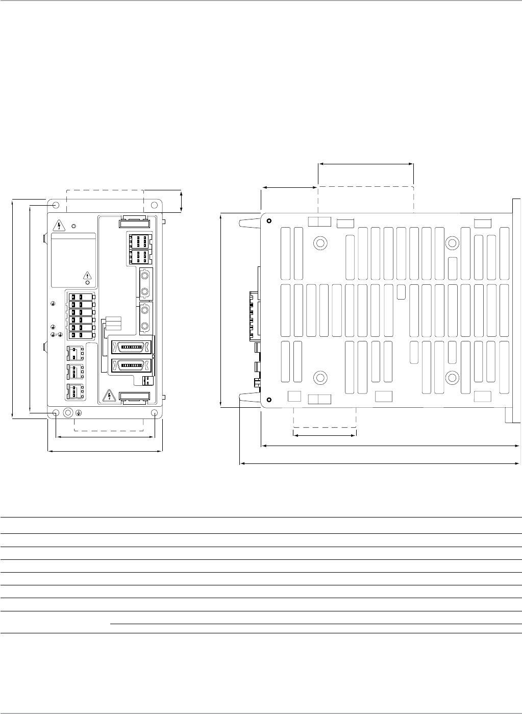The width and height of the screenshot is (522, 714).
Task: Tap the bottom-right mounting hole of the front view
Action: point(154,413)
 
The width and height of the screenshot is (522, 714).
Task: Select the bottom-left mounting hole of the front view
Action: point(56,413)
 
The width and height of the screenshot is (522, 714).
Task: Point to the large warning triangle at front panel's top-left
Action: point(60,225)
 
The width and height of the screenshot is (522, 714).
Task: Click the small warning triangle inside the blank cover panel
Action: point(87,276)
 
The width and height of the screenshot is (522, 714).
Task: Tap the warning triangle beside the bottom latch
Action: point(108,396)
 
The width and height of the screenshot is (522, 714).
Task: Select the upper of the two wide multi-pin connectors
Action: point(131,347)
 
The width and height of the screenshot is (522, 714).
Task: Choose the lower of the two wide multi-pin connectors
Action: point(131,365)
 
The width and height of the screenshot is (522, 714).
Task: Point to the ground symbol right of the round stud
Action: point(79,413)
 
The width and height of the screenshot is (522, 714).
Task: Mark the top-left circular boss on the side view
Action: point(320,242)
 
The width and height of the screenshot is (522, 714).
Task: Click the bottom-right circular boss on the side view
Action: point(452,378)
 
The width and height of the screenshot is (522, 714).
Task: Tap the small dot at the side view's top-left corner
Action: point(269,221)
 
